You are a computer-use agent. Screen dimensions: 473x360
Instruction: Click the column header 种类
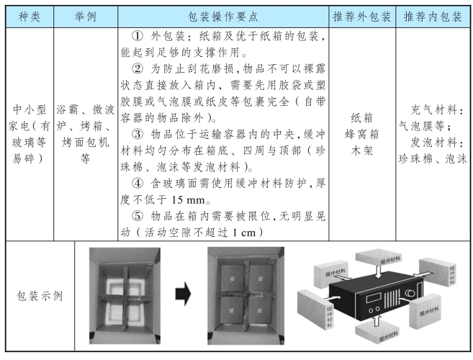point(30,17)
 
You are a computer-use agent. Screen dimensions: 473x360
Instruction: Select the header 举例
point(86,17)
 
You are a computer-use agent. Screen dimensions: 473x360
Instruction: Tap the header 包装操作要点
point(223,17)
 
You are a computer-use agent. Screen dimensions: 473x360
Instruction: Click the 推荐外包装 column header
point(362,17)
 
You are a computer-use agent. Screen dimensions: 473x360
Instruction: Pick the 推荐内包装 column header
point(433,17)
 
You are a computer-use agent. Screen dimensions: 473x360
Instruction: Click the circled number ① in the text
point(138,37)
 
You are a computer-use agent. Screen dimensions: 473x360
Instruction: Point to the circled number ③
point(138,135)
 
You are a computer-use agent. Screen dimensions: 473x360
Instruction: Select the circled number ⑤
point(138,216)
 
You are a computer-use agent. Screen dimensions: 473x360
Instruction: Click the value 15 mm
point(189,199)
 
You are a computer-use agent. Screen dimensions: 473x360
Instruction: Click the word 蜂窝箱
point(362,134)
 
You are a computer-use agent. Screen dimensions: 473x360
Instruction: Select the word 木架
point(362,150)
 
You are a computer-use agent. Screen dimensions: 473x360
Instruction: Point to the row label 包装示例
point(40,296)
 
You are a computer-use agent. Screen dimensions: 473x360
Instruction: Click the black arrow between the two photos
point(183,294)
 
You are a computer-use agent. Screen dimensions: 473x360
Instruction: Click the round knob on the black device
point(410,293)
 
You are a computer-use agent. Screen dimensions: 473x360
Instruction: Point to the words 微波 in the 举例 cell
point(103,109)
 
